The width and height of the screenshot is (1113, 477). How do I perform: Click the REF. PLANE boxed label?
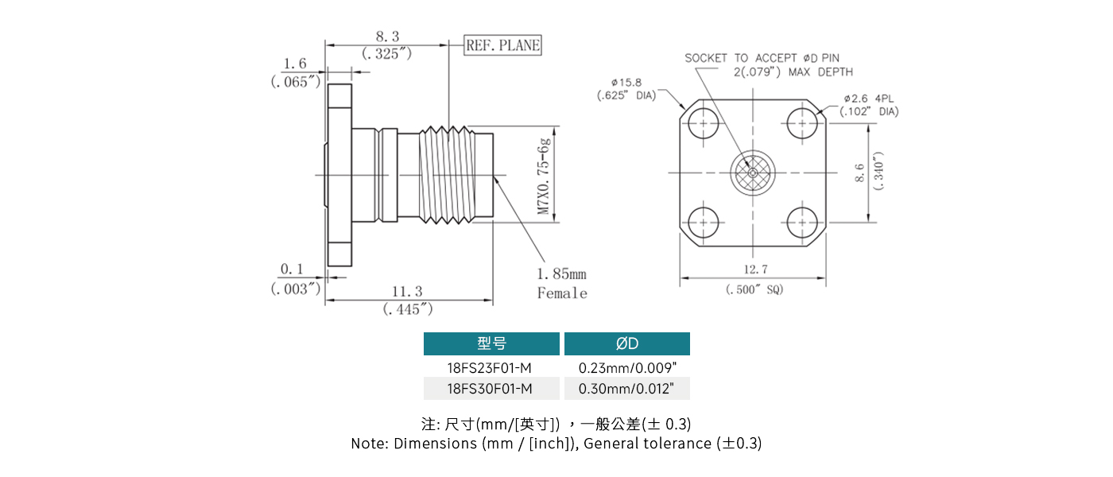point(502,46)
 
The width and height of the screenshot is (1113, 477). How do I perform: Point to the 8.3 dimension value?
point(387,36)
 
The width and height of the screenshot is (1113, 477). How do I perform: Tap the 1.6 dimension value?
point(295,64)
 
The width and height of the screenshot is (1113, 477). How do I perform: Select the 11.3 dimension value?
point(408,292)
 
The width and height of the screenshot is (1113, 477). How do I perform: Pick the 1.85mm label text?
point(561,274)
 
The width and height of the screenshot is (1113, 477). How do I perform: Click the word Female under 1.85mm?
point(562,293)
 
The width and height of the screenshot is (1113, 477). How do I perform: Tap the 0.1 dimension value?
point(292,270)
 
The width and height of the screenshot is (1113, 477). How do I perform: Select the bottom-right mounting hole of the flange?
point(804,223)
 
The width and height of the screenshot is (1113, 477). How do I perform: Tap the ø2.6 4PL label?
point(870,99)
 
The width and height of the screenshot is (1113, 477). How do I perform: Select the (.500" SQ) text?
point(754,290)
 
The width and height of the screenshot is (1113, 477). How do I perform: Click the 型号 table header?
point(491,343)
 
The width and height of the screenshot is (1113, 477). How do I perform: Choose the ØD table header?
point(626,343)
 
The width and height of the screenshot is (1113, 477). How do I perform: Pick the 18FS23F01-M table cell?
point(490,367)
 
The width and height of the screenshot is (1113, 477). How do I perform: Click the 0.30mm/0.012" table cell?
point(626,388)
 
